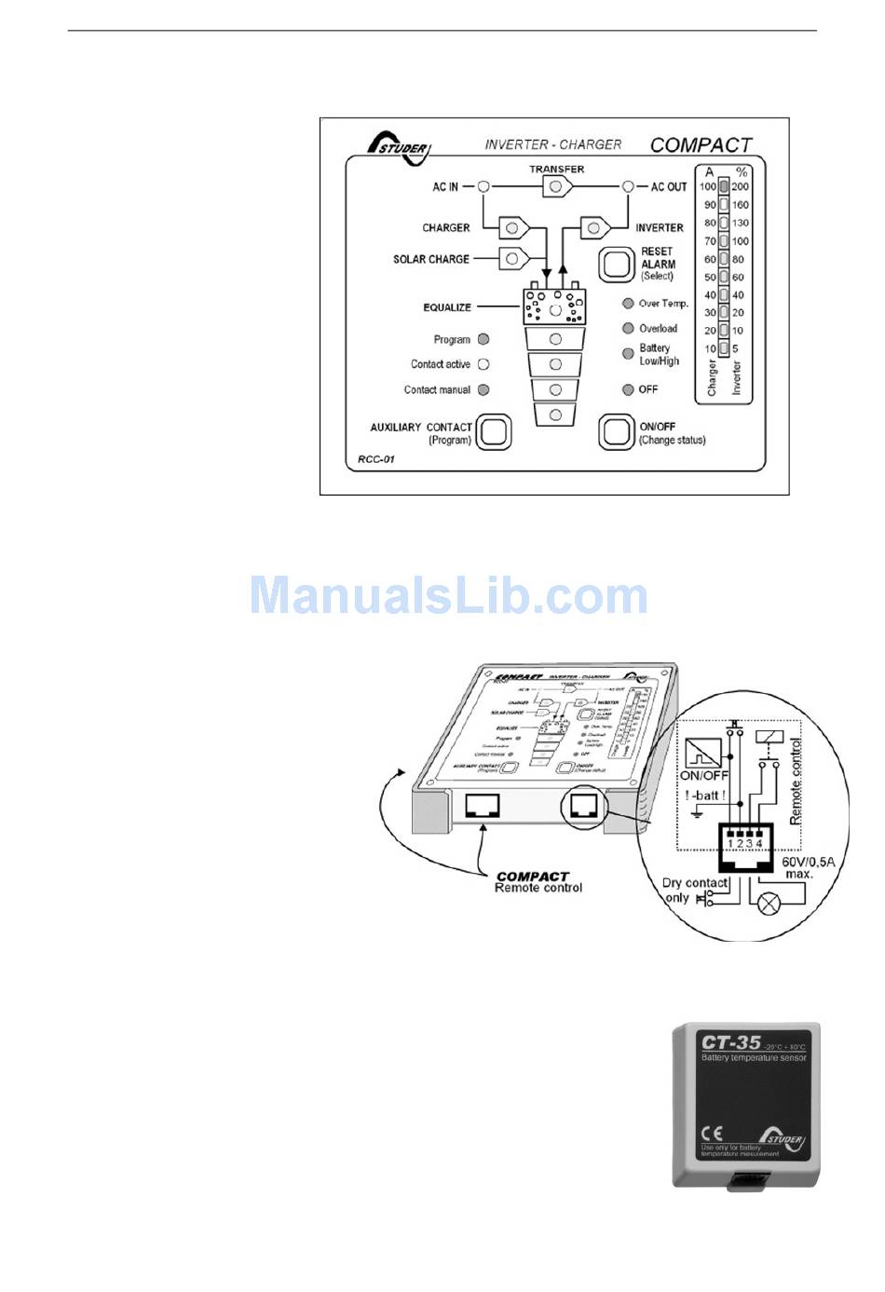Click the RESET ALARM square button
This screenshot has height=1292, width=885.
[x=616, y=264]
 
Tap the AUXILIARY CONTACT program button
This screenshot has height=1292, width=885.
[x=494, y=432]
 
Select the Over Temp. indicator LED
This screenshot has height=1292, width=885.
[x=628, y=304]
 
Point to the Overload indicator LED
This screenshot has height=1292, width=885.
[x=628, y=328]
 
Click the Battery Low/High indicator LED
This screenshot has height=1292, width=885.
[x=628, y=354]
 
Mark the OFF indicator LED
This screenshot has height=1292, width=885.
[x=628, y=389]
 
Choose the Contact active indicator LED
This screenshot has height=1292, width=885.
[x=483, y=364]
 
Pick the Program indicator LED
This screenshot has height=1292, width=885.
[x=483, y=339]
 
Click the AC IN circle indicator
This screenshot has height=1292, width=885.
[x=483, y=186]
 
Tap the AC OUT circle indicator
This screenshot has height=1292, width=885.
[x=629, y=186]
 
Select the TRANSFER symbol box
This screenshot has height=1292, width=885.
[x=557, y=187]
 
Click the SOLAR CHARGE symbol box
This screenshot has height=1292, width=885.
[x=514, y=258]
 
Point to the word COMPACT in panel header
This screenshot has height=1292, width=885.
[x=701, y=145]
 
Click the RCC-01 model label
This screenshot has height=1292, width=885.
[x=375, y=460]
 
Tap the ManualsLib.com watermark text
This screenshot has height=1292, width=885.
[x=448, y=595]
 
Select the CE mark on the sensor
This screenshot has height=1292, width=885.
[x=711, y=1135]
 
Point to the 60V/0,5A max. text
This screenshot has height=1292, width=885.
[x=808, y=867]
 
